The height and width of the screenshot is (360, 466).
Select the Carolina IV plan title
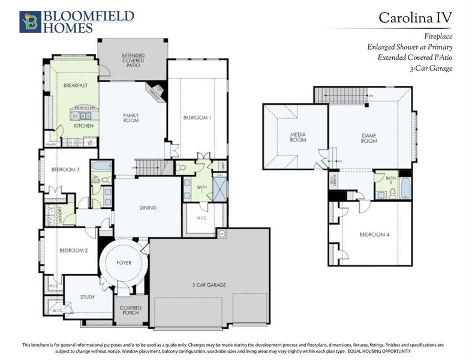tap(415, 17)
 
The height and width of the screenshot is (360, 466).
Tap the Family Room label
tap(131, 118)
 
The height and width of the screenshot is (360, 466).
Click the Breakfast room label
tap(76, 86)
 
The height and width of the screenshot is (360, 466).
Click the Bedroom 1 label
tap(197, 118)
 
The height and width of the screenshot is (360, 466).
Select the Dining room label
tap(148, 208)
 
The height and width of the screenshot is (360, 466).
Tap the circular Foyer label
tap(124, 263)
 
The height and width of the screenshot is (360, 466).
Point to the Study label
tap(88, 296)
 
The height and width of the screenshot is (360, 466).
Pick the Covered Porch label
tap(130, 310)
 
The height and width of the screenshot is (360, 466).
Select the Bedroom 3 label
tap(65, 170)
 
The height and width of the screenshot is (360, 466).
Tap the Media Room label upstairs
tap(298, 137)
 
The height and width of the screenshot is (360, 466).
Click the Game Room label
tap(369, 137)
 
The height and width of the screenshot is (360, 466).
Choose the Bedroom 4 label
tap(374, 234)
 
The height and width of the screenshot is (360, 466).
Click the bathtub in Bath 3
tap(405, 187)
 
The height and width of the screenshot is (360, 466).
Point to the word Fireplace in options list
tap(440, 36)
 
